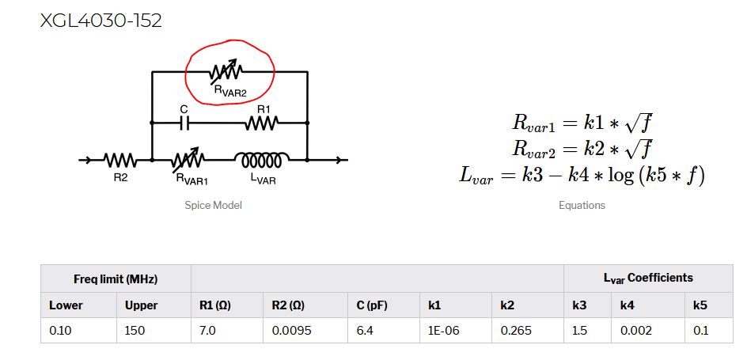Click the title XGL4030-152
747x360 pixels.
click(101, 21)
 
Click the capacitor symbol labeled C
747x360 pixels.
click(184, 123)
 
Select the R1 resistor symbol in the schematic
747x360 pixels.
click(261, 123)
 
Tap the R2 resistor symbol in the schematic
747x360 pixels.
click(120, 161)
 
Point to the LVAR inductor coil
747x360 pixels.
click(262, 160)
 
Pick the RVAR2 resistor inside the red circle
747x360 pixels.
click(229, 73)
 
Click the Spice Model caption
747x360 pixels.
click(213, 205)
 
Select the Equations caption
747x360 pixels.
click(582, 205)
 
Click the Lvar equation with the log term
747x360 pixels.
click(582, 173)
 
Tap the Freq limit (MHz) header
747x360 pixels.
click(116, 279)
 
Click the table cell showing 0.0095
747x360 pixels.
click(290, 330)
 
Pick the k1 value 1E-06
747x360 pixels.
click(440, 330)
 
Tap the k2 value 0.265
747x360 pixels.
click(515, 330)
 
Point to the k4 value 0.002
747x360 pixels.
click(636, 330)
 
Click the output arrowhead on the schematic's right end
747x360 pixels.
click(342, 161)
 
